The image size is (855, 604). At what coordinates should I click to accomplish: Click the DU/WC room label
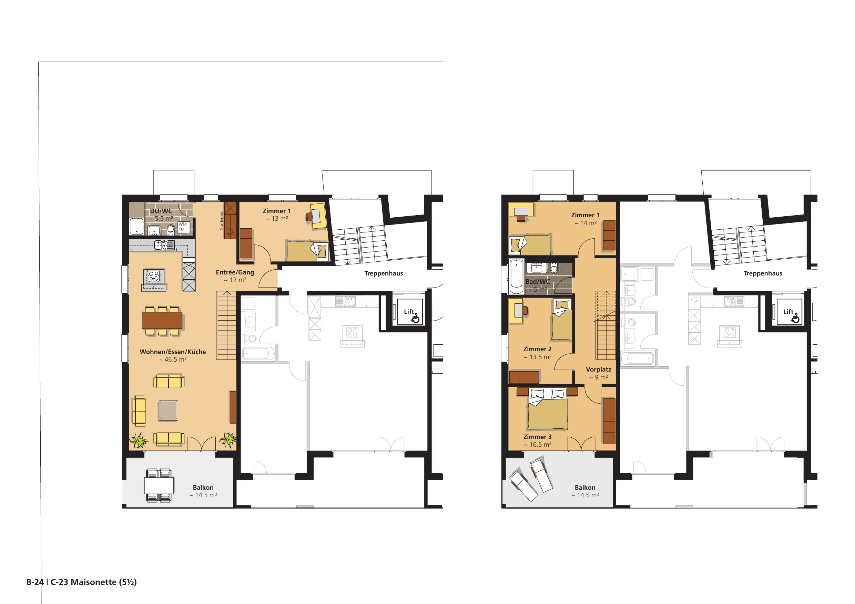[x=161, y=211]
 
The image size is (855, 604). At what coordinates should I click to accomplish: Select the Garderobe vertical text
[x=222, y=220]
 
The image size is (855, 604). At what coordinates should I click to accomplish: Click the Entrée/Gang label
[x=235, y=272]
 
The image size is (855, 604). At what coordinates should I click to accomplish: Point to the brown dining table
[x=162, y=320]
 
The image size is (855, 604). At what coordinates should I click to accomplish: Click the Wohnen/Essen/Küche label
[x=173, y=352]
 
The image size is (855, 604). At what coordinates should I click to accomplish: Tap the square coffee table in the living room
[x=168, y=410]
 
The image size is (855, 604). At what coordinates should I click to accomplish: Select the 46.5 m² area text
[x=173, y=360]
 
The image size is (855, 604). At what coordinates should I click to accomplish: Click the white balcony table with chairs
[x=159, y=485]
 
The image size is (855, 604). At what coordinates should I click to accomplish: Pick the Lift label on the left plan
[x=409, y=312]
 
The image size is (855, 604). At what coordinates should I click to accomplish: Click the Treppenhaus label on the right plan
[x=763, y=273]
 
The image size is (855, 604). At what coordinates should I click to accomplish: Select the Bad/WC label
[x=537, y=282]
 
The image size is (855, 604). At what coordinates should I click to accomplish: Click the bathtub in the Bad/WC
[x=517, y=277]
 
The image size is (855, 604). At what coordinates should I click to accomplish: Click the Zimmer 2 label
[x=537, y=349]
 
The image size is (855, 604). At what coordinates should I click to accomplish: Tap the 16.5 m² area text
[x=537, y=445]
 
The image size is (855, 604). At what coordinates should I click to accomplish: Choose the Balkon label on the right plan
[x=585, y=488]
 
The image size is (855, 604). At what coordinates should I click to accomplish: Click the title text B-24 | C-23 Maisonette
[x=82, y=582]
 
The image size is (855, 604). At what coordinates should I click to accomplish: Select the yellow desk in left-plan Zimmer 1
[x=319, y=216]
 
